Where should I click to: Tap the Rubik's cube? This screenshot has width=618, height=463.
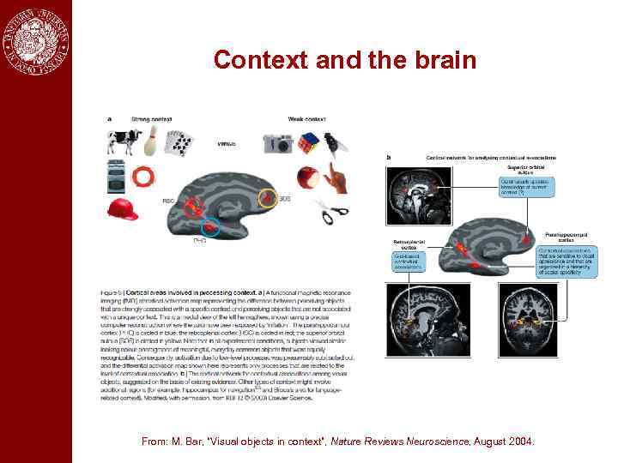[x=307, y=142]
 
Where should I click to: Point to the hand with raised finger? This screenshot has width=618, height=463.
[x=336, y=178]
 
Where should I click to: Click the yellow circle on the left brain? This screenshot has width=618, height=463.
[x=268, y=198]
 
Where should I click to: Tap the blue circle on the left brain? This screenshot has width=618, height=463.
[x=209, y=227]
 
